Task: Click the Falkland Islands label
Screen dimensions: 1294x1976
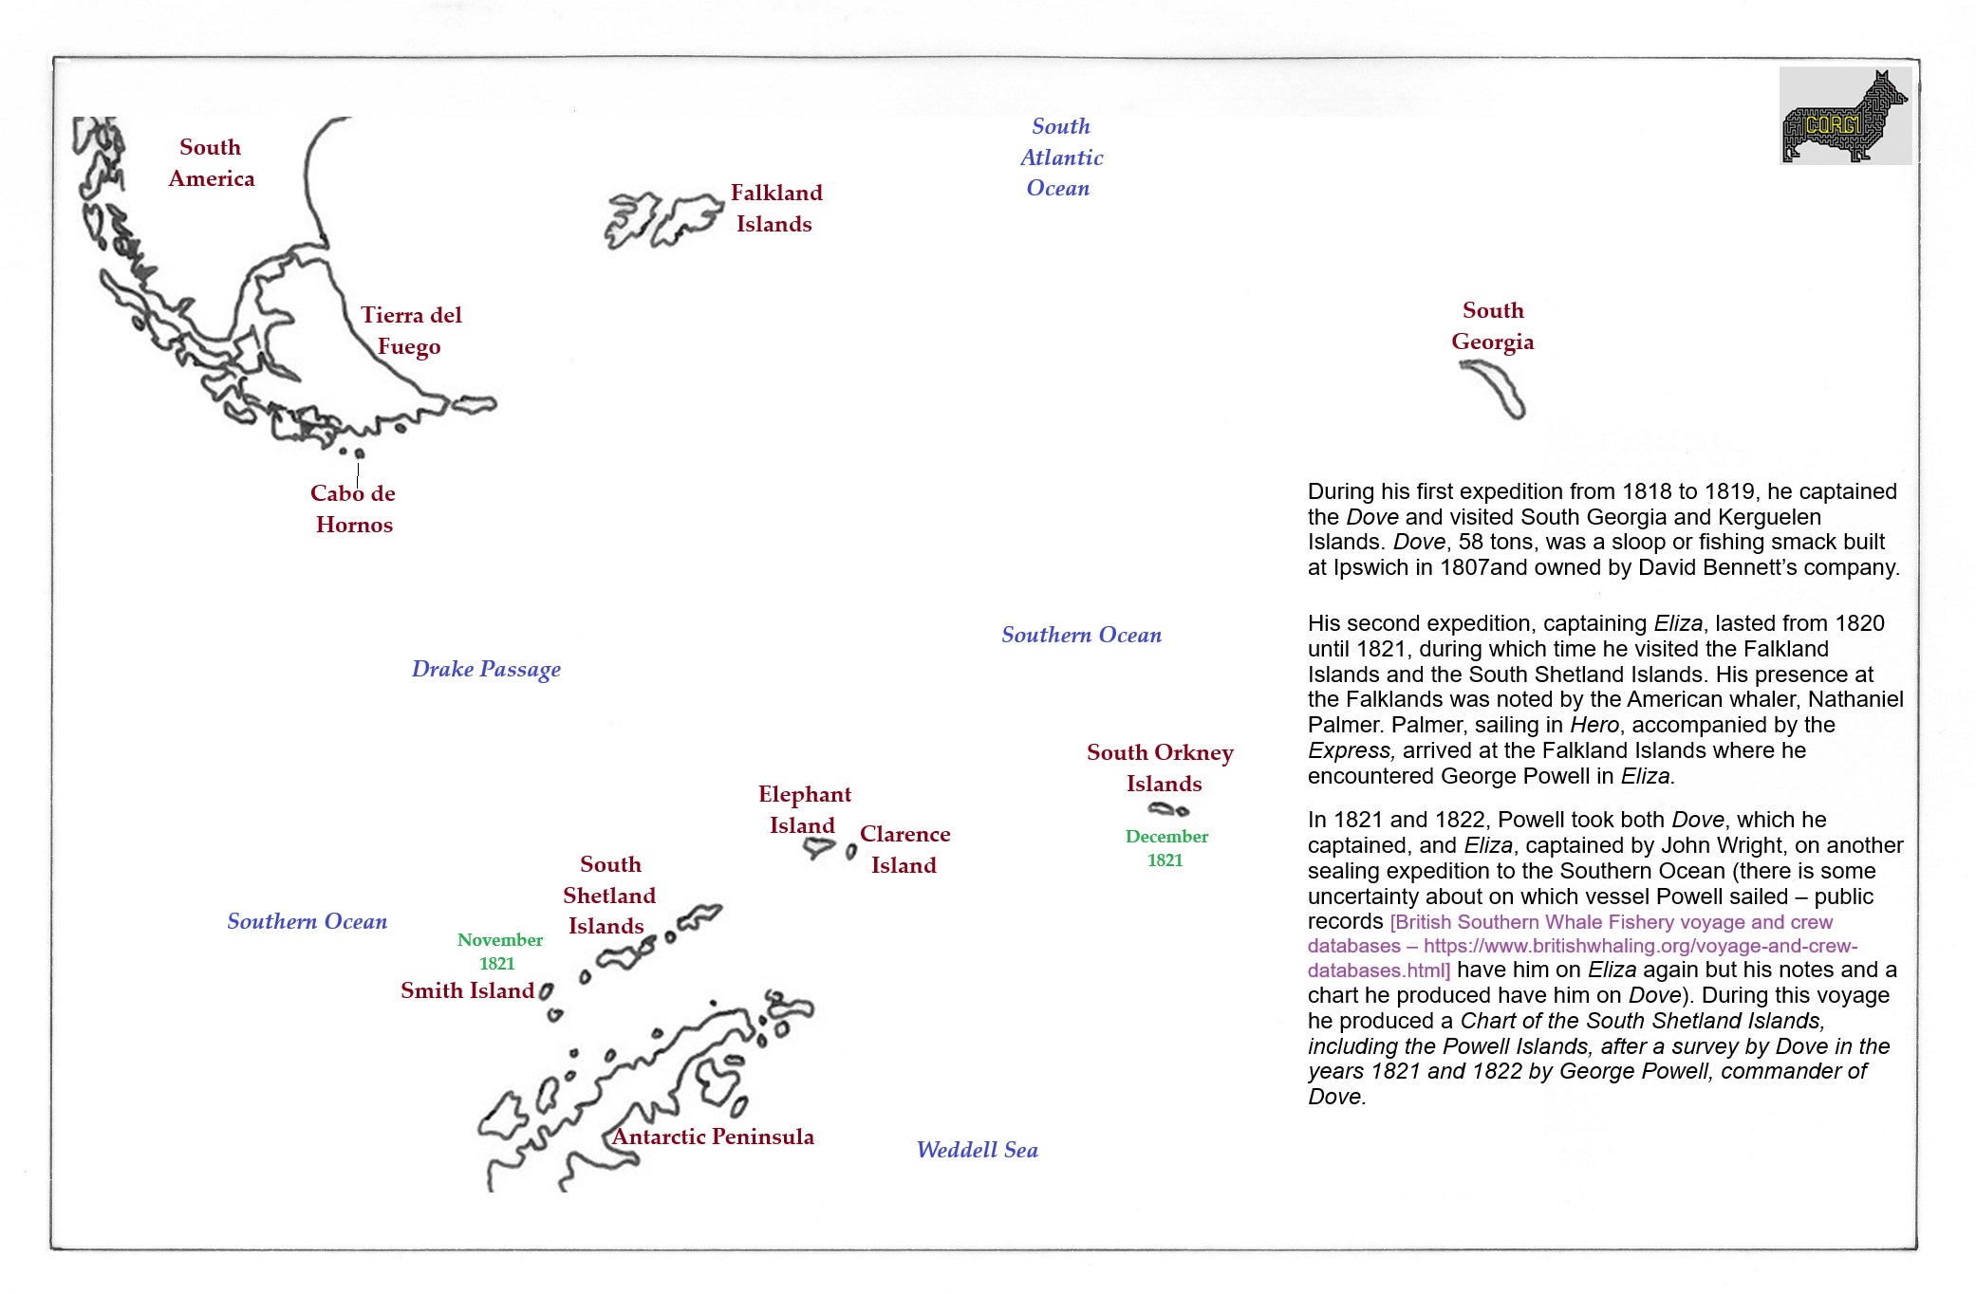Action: coord(775,208)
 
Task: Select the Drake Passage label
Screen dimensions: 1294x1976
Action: coord(486,669)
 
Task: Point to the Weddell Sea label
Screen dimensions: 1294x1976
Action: coord(977,1150)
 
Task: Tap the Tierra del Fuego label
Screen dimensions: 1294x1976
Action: coord(410,330)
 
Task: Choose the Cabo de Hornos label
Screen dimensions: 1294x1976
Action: coord(353,508)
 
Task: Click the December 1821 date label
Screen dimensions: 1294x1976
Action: coord(1166,848)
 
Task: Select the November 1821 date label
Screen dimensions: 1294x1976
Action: coord(499,952)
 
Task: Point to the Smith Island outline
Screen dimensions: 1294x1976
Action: coord(546,991)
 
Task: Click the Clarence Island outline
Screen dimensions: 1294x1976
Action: coord(851,852)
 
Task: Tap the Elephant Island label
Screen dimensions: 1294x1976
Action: coord(804,809)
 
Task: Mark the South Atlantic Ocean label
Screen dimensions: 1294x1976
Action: coord(1060,157)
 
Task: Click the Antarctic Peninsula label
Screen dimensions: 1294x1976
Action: coord(713,1137)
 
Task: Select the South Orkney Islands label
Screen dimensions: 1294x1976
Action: coord(1161,767)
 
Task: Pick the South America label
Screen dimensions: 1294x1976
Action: coord(211,162)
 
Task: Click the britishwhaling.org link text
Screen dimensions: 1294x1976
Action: coord(1582,946)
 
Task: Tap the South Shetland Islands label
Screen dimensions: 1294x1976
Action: coord(609,895)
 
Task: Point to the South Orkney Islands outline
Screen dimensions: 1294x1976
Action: coord(1167,809)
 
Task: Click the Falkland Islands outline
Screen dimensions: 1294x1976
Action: coord(664,220)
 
